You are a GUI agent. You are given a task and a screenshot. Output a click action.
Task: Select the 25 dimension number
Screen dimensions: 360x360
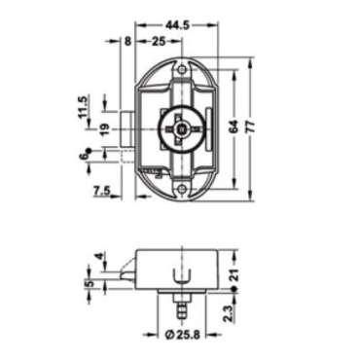click(x=158, y=40)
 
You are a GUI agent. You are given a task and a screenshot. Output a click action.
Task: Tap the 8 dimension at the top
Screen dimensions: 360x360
click(x=126, y=40)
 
